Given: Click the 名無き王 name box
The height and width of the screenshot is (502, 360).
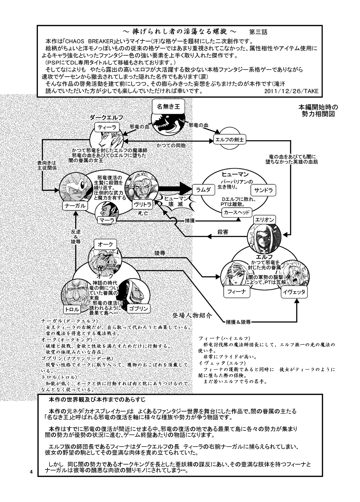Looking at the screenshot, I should [x=168, y=107].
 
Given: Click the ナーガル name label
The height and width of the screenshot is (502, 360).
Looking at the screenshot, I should [x=76, y=205].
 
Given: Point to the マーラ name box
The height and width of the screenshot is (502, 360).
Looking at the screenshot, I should [x=107, y=220].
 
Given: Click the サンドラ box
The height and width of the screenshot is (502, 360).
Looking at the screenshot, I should [x=264, y=190].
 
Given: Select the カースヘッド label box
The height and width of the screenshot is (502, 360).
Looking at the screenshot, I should [x=236, y=212].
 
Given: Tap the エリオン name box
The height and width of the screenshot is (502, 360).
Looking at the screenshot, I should [x=265, y=220].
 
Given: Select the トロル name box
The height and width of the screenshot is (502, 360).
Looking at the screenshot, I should [x=72, y=309].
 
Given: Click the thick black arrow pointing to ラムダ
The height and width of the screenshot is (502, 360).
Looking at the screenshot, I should [x=174, y=188].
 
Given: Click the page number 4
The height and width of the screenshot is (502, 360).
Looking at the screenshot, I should [x=30, y=472].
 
